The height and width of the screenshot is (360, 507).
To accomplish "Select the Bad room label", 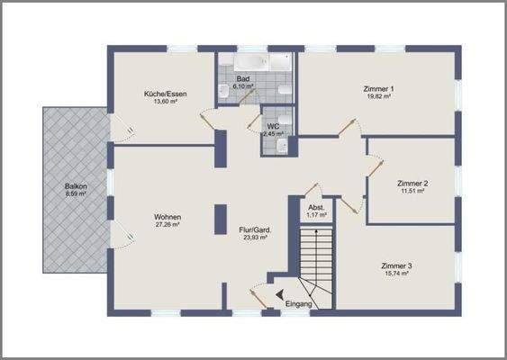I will [242, 79].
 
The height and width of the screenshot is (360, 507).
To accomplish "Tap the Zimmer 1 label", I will [378, 88].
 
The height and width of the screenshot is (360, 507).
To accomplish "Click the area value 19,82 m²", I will [378, 96].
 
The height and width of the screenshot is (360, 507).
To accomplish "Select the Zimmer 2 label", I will [412, 184].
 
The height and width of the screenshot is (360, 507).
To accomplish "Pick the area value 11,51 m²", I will [412, 192].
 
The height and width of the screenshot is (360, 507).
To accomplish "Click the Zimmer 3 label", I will [396, 266].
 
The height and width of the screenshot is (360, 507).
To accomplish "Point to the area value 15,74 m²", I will [396, 274].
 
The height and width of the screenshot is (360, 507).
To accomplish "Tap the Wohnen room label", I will [168, 218].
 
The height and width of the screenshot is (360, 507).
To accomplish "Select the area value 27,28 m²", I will [168, 226].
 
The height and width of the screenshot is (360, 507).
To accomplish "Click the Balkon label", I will [76, 185].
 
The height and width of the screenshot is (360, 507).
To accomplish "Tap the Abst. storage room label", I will [316, 207].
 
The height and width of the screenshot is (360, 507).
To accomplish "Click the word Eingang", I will [298, 305].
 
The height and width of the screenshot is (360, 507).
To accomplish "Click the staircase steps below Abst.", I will [315, 256].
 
